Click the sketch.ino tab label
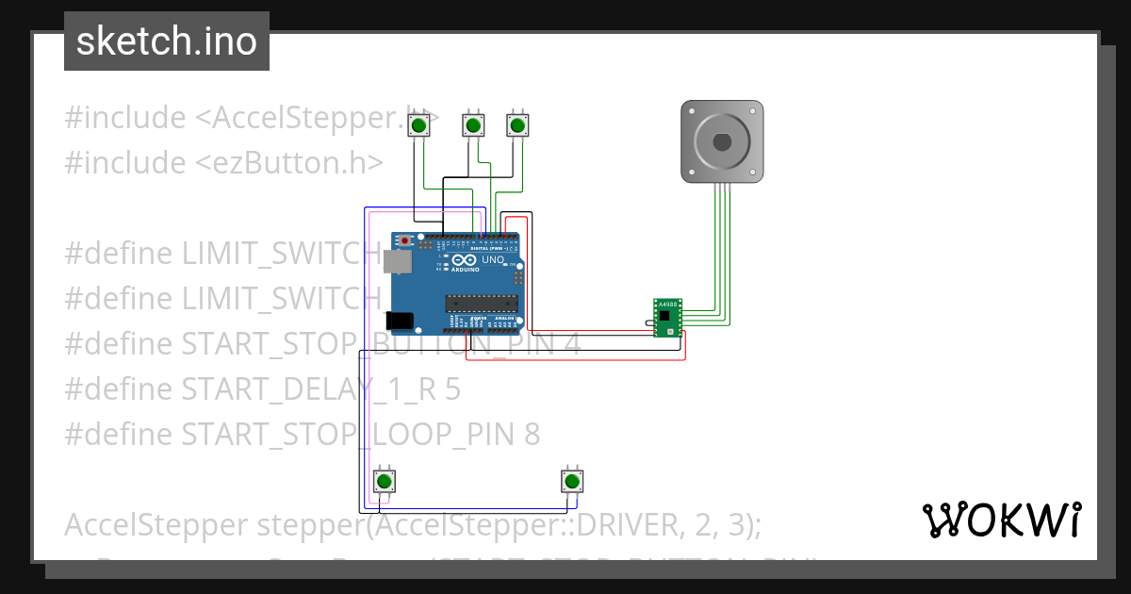(x=166, y=41)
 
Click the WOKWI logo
(x=1001, y=520)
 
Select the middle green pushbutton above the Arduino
(x=473, y=124)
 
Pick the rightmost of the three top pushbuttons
(x=516, y=124)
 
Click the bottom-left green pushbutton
(x=385, y=481)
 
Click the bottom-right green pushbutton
(x=570, y=481)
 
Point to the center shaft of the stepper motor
(x=722, y=142)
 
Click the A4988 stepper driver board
(x=667, y=319)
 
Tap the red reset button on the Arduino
(x=405, y=241)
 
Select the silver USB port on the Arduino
(x=398, y=261)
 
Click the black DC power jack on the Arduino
(x=400, y=321)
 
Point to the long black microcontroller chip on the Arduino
(x=482, y=303)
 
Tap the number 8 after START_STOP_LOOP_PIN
(x=532, y=434)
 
